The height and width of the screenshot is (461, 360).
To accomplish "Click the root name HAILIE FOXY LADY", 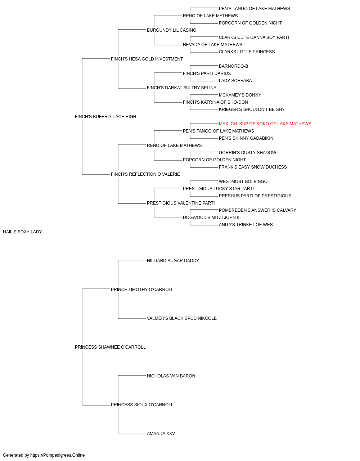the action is tap(22, 232).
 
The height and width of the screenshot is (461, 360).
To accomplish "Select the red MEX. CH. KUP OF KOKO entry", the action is tap(265, 124).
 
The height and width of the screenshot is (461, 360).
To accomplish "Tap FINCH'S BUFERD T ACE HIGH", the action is tap(105, 117).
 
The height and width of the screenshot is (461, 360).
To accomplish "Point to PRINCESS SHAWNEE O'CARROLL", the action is tap(110, 347).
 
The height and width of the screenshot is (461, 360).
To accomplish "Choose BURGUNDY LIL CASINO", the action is tap(171, 30).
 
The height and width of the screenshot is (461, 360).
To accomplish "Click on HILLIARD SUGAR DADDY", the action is tap(173, 261).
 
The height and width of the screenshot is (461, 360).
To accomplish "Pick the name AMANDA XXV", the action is tap(161, 434).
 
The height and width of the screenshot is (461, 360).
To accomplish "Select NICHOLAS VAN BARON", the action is tap(171, 376).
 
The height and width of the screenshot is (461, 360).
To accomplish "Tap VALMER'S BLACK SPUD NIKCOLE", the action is tap(182, 318).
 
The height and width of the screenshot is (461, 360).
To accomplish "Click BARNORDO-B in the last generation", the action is tap(233, 66).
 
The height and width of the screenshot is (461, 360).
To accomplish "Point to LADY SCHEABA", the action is tap(235, 81).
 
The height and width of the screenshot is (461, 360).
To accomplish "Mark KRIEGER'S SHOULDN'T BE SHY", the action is tap(252, 109).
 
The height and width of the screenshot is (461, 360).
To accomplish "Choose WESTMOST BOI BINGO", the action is tap(243, 182).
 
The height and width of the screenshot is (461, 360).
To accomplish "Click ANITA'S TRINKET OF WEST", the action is tap(247, 225).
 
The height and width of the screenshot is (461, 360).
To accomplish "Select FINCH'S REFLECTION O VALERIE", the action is tap(145, 174).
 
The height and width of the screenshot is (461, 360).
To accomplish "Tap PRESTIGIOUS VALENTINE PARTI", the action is tap(181, 203).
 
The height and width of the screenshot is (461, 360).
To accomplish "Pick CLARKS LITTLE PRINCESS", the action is tap(247, 52).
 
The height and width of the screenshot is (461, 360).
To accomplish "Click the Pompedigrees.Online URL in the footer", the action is tap(58, 455).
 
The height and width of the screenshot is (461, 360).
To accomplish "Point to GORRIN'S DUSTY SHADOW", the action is tap(247, 153).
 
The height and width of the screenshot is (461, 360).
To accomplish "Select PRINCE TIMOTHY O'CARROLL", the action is tap(142, 290).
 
